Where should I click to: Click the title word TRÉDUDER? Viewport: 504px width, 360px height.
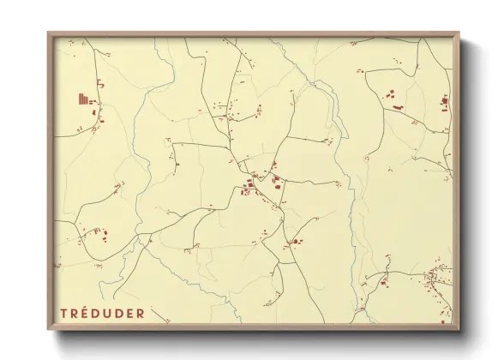pyautogui.click(x=102, y=313)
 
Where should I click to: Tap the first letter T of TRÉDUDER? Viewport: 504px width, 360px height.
pyautogui.click(x=63, y=313)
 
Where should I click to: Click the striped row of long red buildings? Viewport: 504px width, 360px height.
pyautogui.click(x=83, y=99)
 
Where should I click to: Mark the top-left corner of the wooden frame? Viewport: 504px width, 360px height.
pyautogui.click(x=49, y=33)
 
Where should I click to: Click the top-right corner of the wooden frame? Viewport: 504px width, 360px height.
pyautogui.click(x=459, y=33)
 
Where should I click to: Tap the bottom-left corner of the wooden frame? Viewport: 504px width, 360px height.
pyautogui.click(x=49, y=330)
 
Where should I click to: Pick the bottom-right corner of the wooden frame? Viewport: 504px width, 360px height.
pyautogui.click(x=459, y=330)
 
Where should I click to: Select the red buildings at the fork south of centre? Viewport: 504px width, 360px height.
pyautogui.click(x=295, y=242)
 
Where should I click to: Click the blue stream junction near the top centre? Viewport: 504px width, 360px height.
pyautogui.click(x=315, y=83)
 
